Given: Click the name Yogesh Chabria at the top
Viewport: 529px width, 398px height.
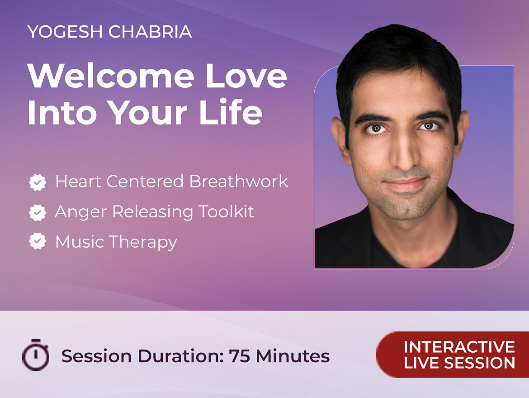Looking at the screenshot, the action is click(x=110, y=32).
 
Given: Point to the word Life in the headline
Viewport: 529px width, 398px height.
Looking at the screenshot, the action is click(x=231, y=112).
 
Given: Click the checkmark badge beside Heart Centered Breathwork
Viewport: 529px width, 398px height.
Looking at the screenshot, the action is click(x=38, y=182).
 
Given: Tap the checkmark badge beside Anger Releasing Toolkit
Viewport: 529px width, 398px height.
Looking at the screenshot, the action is click(x=38, y=212).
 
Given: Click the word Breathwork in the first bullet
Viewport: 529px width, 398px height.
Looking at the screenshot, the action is click(x=239, y=182).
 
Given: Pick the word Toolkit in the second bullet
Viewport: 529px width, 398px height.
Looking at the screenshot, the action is click(x=226, y=211).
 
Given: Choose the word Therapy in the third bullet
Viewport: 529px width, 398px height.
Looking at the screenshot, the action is click(x=143, y=243).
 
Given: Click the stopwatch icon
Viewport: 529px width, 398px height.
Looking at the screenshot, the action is click(x=36, y=355).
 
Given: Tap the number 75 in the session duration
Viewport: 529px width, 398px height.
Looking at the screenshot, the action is click(x=240, y=356).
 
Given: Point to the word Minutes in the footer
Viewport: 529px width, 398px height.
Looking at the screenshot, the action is click(x=293, y=356).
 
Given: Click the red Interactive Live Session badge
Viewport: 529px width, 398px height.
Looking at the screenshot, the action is click(x=453, y=355).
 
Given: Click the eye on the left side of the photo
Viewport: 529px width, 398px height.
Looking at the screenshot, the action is click(x=376, y=129).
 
